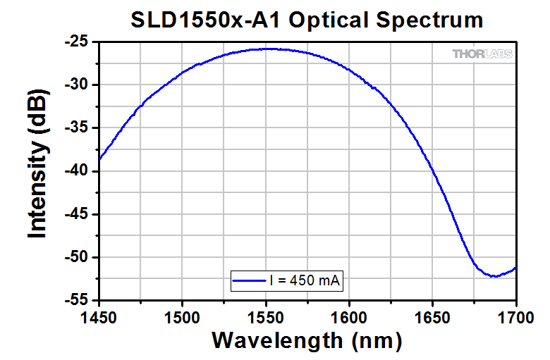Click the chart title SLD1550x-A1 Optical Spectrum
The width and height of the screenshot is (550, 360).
pos(307,20)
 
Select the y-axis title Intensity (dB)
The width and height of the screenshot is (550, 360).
pos(38,170)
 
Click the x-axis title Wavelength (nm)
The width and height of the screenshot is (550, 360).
pos(307,340)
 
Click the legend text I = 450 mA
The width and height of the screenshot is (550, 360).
pos(305,280)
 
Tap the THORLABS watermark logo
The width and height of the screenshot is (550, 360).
pos(482,54)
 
